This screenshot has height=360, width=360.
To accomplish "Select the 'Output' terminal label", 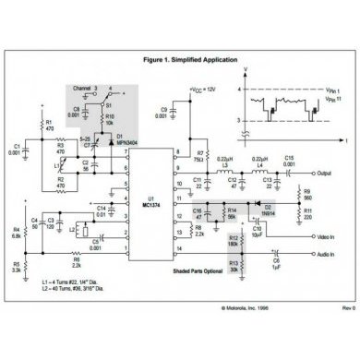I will [322, 173].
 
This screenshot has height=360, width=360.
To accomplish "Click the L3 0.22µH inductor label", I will [224, 162].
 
